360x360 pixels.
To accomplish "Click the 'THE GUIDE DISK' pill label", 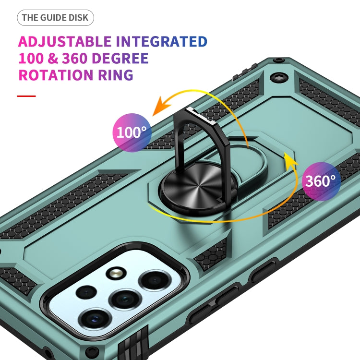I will (56, 18).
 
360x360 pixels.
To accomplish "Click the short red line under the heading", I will (26, 96).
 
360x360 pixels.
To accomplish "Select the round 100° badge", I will (132, 132).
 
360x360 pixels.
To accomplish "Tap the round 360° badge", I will (321, 181).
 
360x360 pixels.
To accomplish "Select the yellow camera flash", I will (115, 274).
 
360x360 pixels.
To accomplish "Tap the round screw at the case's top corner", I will (278, 76).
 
